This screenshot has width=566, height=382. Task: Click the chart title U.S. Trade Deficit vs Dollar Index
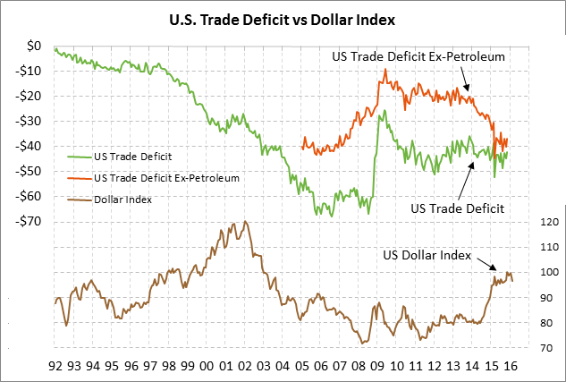point(283,17)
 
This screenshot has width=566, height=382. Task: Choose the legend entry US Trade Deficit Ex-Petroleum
point(166,178)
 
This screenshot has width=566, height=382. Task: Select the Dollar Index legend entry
point(122,199)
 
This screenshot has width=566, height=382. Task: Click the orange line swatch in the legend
point(79,178)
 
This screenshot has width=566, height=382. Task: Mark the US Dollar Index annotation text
point(427,255)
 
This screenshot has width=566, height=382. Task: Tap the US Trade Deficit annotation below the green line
point(458,208)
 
